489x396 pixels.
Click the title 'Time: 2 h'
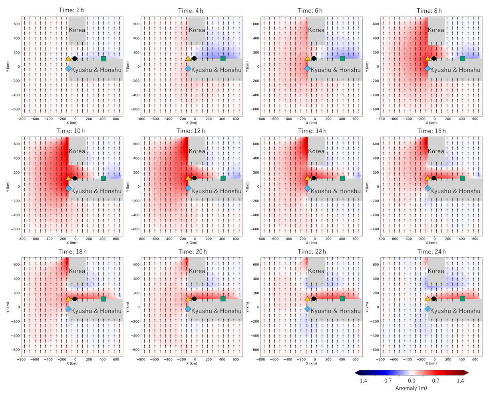(x=72, y=11)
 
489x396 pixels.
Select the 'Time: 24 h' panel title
(x=431, y=251)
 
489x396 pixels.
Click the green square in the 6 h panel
(x=342, y=59)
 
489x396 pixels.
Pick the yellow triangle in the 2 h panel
(x=68, y=59)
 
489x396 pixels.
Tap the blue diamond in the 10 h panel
(x=68, y=188)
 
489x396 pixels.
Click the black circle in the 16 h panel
(x=434, y=178)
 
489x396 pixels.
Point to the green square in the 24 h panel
(x=463, y=299)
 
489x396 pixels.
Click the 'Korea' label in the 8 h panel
(x=436, y=30)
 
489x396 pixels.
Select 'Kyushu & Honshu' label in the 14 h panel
(x=336, y=191)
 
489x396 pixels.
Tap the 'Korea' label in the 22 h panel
(x=316, y=271)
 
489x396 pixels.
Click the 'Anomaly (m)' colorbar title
(x=411, y=388)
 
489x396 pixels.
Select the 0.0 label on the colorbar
(x=411, y=381)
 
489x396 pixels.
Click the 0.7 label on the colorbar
(x=436, y=381)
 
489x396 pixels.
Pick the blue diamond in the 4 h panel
(x=188, y=69)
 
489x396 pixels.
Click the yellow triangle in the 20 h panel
(x=188, y=299)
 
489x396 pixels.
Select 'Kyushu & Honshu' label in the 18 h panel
(x=96, y=311)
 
